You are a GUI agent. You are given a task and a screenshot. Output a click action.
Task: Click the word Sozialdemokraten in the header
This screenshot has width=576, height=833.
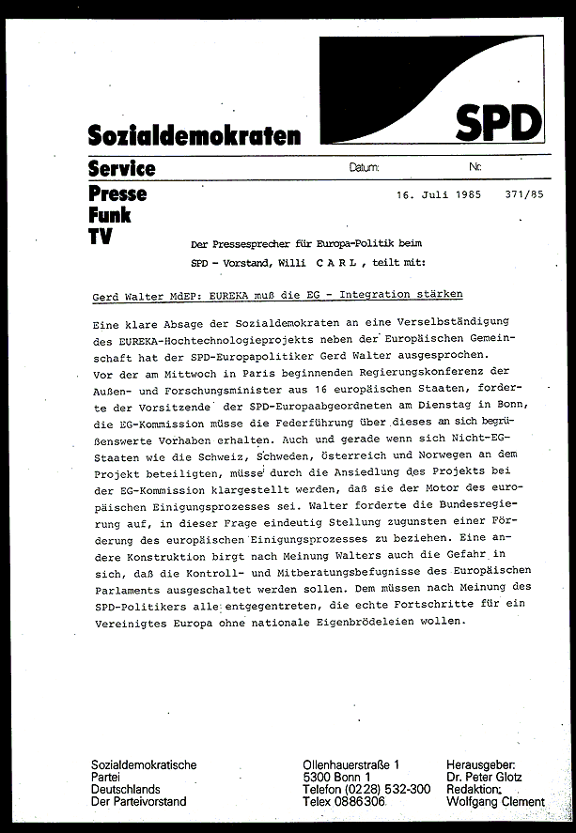tap(195, 134)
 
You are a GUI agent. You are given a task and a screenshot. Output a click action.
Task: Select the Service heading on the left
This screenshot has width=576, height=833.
tap(121, 169)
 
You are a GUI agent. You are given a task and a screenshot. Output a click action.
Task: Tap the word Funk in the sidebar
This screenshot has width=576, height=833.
tap(109, 215)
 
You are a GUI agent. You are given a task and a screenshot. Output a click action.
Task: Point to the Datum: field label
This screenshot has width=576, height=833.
tap(364, 167)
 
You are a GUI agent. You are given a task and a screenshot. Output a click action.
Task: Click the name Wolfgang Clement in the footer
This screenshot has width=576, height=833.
tap(496, 802)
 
